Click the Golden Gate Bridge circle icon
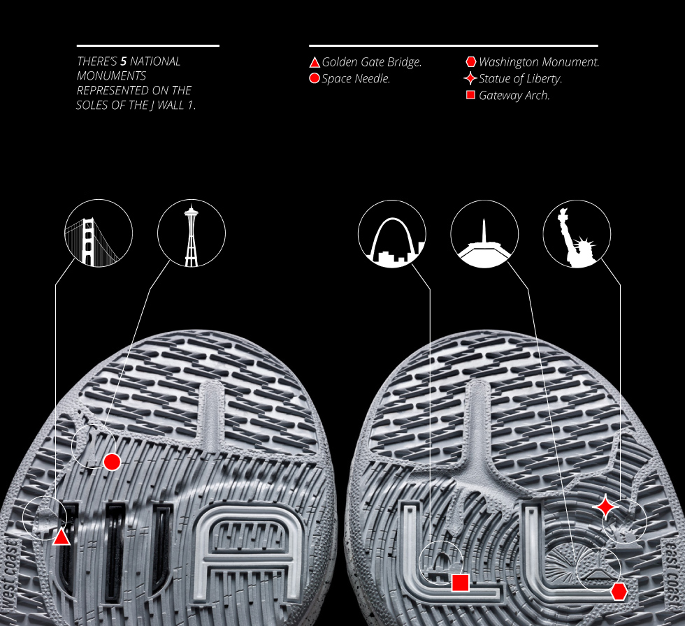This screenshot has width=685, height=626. (x=99, y=233)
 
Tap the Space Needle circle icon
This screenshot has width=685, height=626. (x=192, y=233)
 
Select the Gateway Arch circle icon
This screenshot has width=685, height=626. (x=392, y=233)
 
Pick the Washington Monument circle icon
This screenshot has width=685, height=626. (x=484, y=233)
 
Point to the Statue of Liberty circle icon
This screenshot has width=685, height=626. (x=577, y=233)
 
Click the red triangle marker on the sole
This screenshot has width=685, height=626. (x=62, y=537)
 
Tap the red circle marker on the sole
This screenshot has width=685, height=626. (x=112, y=462)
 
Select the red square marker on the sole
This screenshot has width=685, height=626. (x=460, y=583)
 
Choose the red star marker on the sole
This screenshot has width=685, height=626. (x=605, y=507)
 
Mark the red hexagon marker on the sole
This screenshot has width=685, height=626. (x=619, y=591)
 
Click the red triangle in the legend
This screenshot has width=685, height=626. (x=315, y=62)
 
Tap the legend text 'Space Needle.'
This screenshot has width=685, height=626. (x=356, y=79)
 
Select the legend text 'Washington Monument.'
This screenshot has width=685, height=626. (x=539, y=62)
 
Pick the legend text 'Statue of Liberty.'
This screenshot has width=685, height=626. (x=521, y=79)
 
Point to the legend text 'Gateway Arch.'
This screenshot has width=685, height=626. (x=514, y=96)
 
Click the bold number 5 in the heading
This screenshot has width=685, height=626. (x=123, y=61)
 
